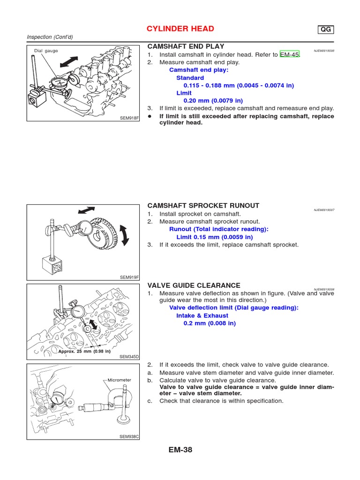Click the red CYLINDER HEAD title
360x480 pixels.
(180, 29)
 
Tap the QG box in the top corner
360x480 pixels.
(325, 30)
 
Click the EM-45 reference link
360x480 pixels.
(289, 55)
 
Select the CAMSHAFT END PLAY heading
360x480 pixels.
(186, 46)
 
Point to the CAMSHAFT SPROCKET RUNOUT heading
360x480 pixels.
(203, 206)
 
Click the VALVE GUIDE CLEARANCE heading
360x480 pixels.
(194, 285)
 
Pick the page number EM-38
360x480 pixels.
(180, 450)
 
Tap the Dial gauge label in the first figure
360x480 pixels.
(46, 51)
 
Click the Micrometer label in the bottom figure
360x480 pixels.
(119, 380)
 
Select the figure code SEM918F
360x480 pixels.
(130, 118)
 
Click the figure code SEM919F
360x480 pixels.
(130, 277)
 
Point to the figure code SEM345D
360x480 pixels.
(130, 356)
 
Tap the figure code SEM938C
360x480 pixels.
(130, 436)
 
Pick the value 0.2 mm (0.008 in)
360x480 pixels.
(210, 323)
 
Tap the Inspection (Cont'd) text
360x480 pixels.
(50, 37)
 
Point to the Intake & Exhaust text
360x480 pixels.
(202, 316)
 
